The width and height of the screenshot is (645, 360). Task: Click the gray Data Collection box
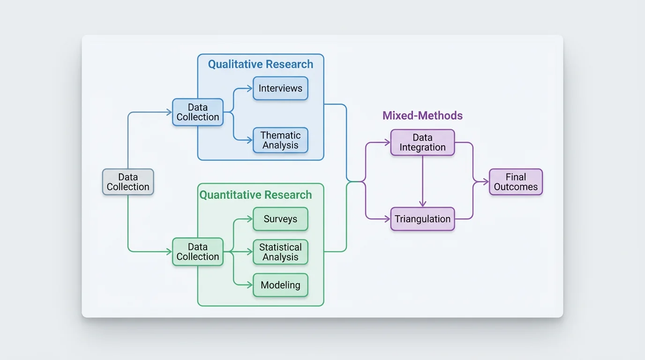click(128, 182)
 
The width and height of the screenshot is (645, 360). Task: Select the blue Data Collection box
click(197, 112)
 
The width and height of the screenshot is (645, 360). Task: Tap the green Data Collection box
click(197, 252)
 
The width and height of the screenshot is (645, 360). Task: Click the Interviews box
click(280, 89)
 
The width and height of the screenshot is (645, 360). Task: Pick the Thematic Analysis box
click(280, 140)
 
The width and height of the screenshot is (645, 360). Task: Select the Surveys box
click(280, 219)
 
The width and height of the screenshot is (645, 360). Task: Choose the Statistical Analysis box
click(280, 252)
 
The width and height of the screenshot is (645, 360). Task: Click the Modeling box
click(280, 285)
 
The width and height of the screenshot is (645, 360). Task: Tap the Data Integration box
click(422, 142)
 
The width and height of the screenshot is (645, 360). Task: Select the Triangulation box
click(422, 219)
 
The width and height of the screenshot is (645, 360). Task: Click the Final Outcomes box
click(516, 182)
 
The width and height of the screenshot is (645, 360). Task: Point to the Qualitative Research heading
click(260, 64)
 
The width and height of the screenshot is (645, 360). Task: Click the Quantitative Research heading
click(255, 195)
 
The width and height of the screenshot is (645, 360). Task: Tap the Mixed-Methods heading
click(422, 116)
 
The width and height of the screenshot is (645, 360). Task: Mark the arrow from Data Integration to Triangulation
click(422, 180)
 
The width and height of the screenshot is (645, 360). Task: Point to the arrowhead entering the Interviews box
click(249, 89)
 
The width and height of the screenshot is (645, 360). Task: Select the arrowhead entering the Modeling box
click(249, 285)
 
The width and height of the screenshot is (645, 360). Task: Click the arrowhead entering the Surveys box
click(249, 219)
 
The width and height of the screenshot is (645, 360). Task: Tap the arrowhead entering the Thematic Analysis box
click(249, 140)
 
